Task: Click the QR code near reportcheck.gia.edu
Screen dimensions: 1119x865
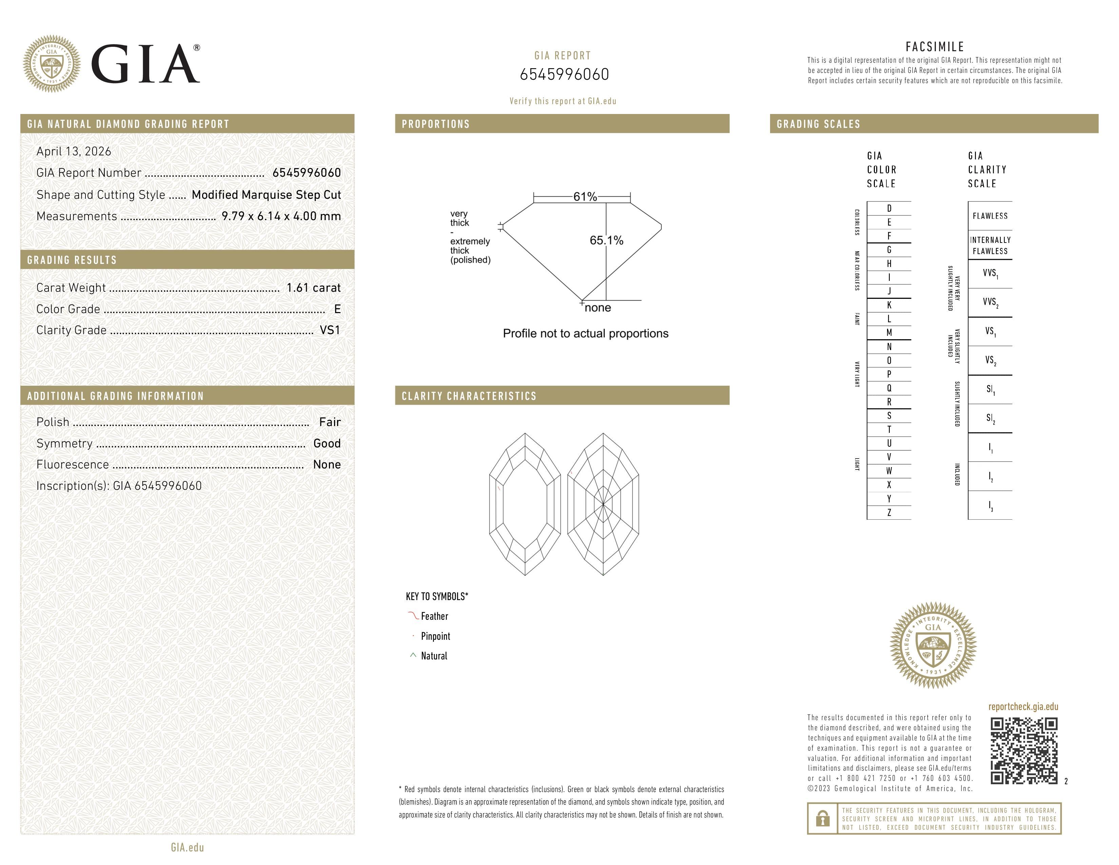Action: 1024,751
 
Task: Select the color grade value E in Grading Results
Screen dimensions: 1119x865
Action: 337,309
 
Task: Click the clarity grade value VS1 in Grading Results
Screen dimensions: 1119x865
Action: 330,330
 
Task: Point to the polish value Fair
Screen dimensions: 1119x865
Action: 330,422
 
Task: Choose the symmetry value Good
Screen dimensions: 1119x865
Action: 327,443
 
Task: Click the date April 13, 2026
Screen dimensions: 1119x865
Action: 74,151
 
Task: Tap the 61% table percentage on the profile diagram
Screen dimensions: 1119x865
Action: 585,197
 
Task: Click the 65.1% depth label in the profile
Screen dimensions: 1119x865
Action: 607,241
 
